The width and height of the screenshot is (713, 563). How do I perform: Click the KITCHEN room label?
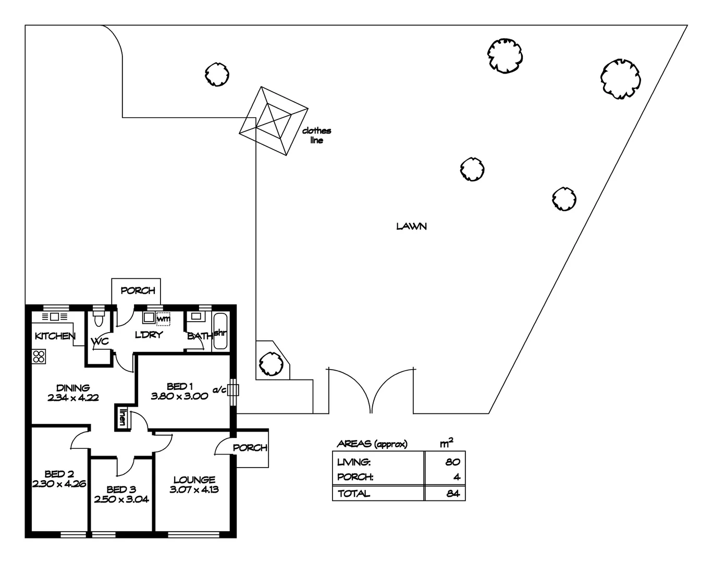tap(55, 336)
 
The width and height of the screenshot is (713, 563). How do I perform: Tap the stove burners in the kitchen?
tap(39, 357)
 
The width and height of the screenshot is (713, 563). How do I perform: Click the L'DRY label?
tap(149, 335)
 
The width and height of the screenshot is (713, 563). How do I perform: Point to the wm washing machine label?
tap(163, 318)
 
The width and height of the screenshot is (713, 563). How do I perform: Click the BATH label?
tap(199, 336)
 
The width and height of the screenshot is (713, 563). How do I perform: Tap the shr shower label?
tap(219, 332)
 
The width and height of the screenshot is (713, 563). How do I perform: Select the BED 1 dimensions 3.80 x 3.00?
tap(180, 396)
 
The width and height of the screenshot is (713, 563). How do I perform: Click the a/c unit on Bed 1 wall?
tap(233, 390)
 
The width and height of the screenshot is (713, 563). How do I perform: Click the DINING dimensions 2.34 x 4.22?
tap(73, 397)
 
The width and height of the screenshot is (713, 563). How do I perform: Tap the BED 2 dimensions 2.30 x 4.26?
tap(59, 483)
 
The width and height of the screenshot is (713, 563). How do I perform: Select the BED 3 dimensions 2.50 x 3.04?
tap(121, 499)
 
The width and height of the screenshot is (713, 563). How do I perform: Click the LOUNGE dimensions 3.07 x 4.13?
tap(194, 489)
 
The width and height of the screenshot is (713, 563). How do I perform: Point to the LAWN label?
tap(411, 226)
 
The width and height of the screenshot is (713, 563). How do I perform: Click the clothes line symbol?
tap(273, 121)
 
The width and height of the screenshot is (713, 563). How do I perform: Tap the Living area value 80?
tap(452, 462)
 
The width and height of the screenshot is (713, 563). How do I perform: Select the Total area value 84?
tap(452, 493)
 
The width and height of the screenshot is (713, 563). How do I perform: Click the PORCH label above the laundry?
tap(138, 290)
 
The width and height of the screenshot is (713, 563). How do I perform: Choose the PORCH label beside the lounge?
tap(250, 448)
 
